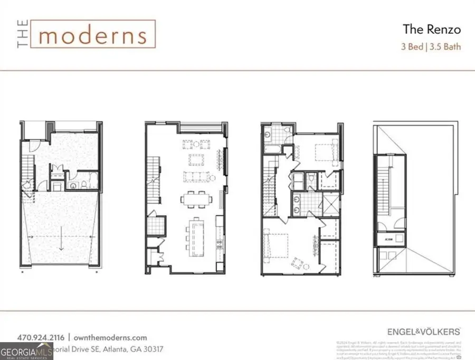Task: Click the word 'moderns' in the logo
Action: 92,35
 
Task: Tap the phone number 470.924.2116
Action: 41,337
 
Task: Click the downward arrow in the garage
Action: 61,241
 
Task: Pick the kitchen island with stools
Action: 197,236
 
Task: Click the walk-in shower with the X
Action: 331,203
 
